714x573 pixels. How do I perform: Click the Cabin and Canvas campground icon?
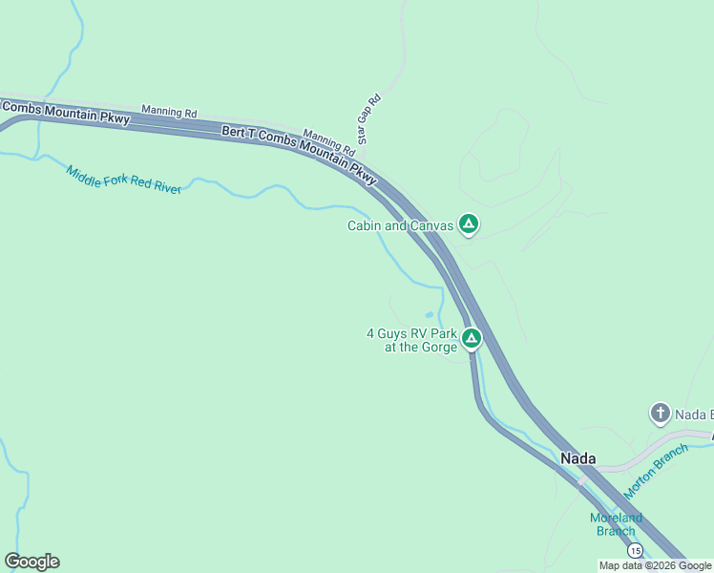(468, 224)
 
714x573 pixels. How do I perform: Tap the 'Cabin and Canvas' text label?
(401, 226)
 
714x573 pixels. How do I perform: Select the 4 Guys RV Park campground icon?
(471, 338)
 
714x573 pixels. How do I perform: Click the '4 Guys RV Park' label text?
(411, 334)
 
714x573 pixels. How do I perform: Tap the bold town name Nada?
(578, 458)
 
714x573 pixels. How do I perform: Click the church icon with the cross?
(660, 414)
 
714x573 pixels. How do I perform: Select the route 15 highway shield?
(635, 550)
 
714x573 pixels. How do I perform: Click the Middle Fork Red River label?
(123, 180)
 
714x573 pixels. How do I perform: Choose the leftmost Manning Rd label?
(169, 112)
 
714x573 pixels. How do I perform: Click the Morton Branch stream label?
(656, 472)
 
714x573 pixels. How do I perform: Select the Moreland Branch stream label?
(616, 524)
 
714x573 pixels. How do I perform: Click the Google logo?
(31, 562)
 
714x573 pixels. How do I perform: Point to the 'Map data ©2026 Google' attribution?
(655, 565)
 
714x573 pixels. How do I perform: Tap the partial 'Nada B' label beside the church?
(694, 414)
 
